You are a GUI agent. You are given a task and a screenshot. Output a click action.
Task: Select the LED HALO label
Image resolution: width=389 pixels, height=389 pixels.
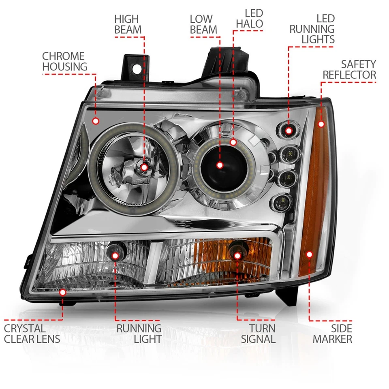[x=250, y=19]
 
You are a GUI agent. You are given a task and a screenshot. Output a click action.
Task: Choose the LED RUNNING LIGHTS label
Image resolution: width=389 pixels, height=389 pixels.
[x=312, y=29]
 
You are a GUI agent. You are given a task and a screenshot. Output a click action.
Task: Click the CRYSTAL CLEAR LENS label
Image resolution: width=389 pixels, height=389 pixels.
[x=32, y=333]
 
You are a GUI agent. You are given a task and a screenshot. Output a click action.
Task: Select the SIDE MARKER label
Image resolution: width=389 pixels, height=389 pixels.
[x=332, y=333]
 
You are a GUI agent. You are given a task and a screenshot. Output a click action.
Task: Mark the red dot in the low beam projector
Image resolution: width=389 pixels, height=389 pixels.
[x=220, y=165]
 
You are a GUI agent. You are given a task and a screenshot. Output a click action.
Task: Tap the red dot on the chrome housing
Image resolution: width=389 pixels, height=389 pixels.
[x=96, y=121]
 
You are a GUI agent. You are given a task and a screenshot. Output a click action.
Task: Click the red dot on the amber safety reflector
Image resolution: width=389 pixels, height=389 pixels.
[x=321, y=124]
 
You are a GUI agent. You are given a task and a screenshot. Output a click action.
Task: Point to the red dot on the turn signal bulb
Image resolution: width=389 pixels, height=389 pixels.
[x=237, y=255]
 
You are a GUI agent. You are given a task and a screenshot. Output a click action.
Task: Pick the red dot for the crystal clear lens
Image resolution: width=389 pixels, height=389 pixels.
[x=63, y=292]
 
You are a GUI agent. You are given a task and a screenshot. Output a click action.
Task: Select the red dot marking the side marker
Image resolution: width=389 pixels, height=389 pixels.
[x=310, y=254]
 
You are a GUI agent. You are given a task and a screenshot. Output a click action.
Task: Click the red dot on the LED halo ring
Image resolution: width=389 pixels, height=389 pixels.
[x=233, y=142]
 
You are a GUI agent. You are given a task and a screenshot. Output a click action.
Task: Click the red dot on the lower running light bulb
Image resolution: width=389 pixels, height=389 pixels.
[x=115, y=256]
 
